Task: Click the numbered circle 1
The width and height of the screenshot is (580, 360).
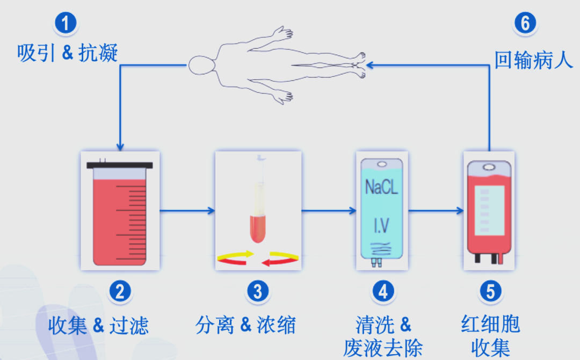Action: click(x=66, y=23)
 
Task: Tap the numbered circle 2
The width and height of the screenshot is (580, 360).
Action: click(x=120, y=291)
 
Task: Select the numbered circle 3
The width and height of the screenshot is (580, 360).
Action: click(x=258, y=291)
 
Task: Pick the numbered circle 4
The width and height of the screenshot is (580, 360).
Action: click(x=383, y=291)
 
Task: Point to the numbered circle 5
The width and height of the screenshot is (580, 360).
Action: click(x=490, y=291)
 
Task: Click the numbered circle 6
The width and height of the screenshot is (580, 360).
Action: click(x=525, y=23)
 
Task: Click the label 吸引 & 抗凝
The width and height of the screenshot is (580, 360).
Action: click(x=67, y=54)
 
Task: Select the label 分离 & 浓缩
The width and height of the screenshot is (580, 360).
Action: click(x=245, y=325)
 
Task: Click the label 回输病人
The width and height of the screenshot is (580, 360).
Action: click(x=534, y=60)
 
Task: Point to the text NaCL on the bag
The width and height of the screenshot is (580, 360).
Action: click(x=382, y=188)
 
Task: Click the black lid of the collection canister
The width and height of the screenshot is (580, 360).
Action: click(x=120, y=165)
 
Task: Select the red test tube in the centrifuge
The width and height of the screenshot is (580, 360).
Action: click(x=258, y=228)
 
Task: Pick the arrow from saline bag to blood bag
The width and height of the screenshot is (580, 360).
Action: click(x=435, y=210)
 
